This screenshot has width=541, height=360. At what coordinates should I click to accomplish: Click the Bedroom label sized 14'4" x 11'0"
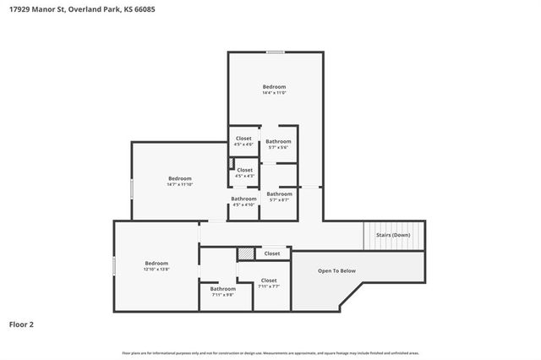point(274,87)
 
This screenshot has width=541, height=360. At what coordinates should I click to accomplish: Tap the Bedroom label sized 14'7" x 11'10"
point(179,178)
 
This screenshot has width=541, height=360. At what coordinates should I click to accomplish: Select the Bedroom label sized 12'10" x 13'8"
point(156,263)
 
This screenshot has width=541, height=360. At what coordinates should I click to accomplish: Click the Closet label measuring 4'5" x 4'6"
point(243,139)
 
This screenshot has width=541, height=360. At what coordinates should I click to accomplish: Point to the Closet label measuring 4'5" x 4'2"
point(244,171)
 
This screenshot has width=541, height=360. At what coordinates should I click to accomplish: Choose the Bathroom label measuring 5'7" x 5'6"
point(278,141)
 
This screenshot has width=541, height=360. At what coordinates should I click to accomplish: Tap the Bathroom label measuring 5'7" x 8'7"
point(279,194)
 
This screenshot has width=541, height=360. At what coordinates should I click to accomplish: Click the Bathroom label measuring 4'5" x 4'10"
point(243,199)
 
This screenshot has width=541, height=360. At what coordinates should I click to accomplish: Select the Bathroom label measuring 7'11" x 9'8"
point(223,289)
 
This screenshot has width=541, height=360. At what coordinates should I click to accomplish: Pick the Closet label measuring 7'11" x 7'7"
point(269,281)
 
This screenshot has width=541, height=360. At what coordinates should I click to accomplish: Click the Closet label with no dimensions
point(272,254)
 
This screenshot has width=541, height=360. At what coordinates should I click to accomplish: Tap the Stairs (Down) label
point(393,235)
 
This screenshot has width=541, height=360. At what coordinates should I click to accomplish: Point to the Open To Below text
point(336,271)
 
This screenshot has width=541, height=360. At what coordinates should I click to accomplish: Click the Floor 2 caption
point(21,324)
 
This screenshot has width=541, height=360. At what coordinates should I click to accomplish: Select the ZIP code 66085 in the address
point(144,9)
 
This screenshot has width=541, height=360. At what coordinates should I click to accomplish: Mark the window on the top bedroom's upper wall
point(275,52)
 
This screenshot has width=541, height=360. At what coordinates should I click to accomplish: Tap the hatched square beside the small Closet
point(245,253)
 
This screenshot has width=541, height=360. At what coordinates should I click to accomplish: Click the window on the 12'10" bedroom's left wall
point(115,265)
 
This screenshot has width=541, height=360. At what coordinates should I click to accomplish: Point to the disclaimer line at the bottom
point(270,352)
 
